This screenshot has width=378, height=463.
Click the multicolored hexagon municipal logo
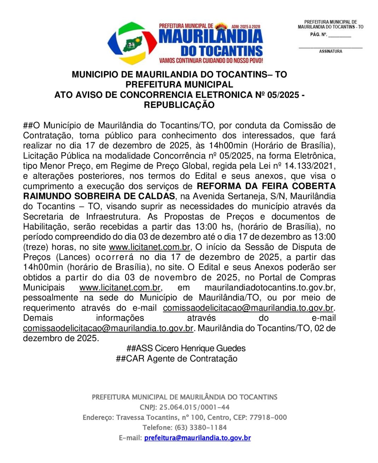pyautogui.click(x=132, y=43)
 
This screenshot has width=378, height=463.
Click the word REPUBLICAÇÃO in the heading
pyautogui.click(x=179, y=105)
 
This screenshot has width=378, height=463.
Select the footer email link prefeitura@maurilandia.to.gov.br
pyautogui.click(x=197, y=438)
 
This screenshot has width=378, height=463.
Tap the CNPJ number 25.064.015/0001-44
pyautogui.click(x=194, y=407)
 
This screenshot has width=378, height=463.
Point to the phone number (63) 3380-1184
pyautogui.click(x=200, y=428)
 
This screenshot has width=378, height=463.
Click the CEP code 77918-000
pyautogui.click(x=268, y=417)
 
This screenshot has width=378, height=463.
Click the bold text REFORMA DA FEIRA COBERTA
pyautogui.click(x=266, y=186)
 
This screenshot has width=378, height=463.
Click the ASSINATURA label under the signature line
pyautogui.click(x=331, y=52)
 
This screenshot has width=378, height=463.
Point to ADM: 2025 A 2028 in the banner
pyautogui.click(x=246, y=27)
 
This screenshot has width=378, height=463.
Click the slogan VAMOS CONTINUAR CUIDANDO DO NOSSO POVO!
pyautogui.click(x=211, y=61)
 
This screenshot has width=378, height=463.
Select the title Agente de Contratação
pyautogui.click(x=192, y=359)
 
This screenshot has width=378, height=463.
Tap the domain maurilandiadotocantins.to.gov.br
pyautogui.click(x=270, y=288)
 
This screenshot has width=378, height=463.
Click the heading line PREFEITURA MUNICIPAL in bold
pyautogui.click(x=179, y=85)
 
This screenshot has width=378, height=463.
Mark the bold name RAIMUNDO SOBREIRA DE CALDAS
pyautogui.click(x=99, y=197)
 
